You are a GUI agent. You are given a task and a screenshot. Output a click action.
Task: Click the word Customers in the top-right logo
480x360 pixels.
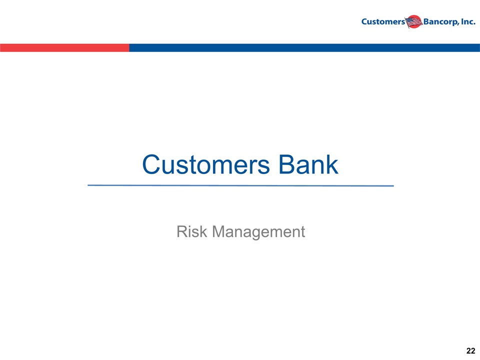pos(383,21)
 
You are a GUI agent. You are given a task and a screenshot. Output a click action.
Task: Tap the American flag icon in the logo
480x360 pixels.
pos(414,21)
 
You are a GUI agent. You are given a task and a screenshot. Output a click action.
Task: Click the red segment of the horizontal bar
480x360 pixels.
pos(64,48)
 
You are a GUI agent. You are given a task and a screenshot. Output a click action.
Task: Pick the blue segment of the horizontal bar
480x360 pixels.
pos(304,48)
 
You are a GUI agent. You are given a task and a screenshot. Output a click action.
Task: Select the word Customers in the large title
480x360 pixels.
pos(206,164)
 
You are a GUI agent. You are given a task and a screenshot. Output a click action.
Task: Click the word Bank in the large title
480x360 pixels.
pos(308,164)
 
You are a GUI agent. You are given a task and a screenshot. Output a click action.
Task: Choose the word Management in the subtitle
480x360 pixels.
pos(258,232)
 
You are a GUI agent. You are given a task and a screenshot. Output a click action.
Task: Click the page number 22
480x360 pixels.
pos(471,351)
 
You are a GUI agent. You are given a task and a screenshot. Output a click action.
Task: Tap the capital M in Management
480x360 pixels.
pos(219,231)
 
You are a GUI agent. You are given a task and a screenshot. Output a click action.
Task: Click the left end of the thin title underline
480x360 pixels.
pos(88,185)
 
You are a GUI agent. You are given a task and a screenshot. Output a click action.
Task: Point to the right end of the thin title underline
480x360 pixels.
pos(393,185)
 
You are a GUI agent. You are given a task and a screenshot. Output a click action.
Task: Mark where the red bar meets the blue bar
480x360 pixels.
pos(129,48)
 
